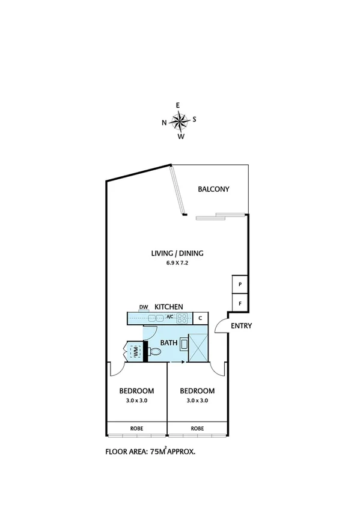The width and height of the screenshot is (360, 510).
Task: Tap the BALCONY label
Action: coord(213,189)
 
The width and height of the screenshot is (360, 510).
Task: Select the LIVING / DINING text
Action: coord(177,253)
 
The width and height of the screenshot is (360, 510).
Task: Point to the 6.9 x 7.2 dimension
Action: coord(177,263)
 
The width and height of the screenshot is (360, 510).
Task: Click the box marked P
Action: coord(240,284)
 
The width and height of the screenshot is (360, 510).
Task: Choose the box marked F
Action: coord(240,304)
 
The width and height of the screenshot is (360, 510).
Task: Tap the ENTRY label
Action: coord(240,327)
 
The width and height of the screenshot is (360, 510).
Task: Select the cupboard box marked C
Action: coord(200,318)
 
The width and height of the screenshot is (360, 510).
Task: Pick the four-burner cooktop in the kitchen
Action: coord(182,318)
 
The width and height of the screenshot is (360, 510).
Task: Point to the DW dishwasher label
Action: coord(144,307)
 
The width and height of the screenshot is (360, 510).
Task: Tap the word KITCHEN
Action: coord(169,307)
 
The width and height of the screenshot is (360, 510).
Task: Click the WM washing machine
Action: coord(136,351)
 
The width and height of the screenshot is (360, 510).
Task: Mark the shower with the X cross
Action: coord(198,348)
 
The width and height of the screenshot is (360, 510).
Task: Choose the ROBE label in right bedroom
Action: coord(197,429)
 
